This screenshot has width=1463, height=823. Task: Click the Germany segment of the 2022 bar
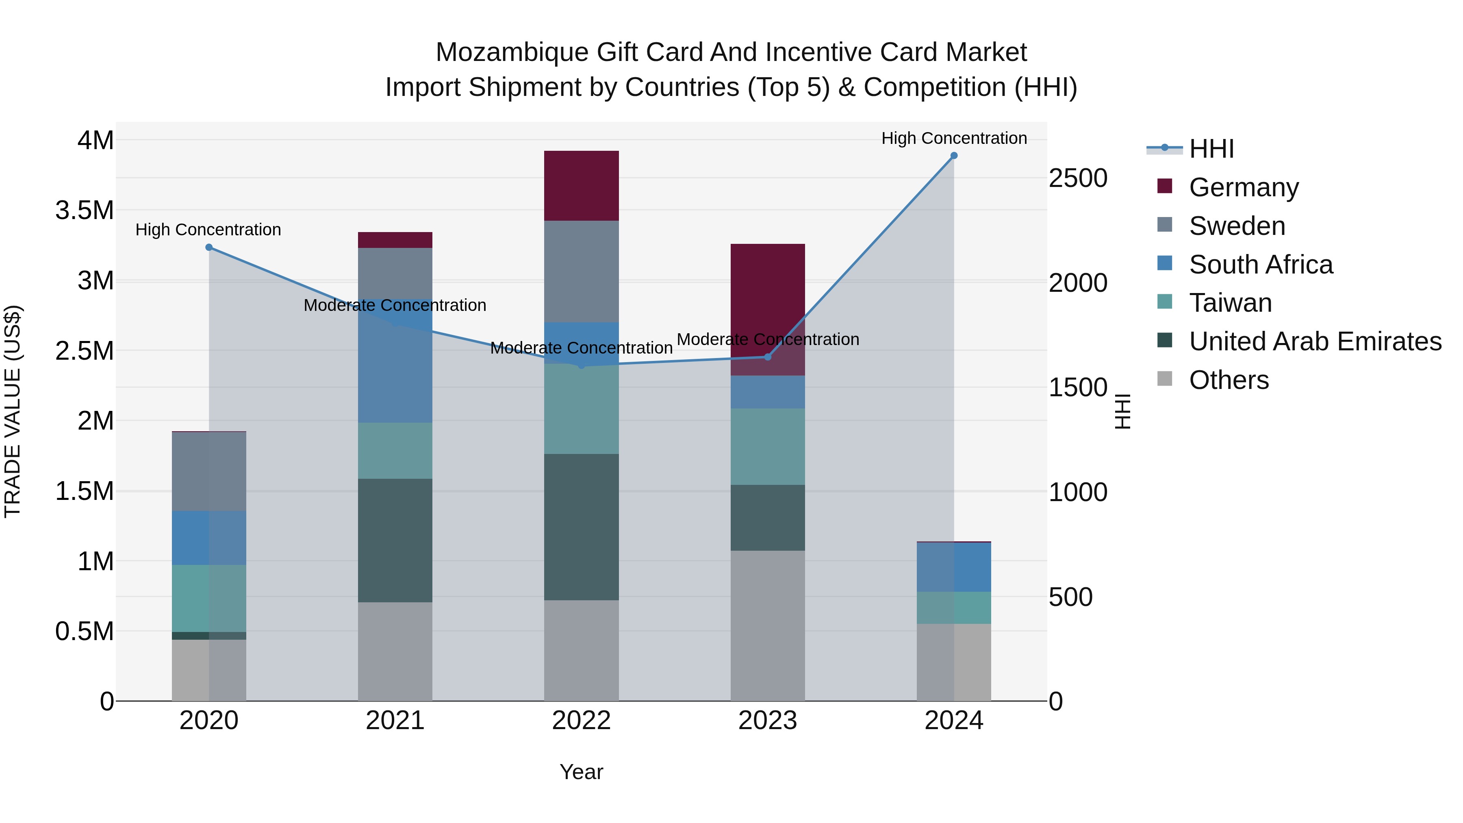[x=581, y=186]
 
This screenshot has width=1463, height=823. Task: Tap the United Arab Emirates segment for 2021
[x=395, y=540]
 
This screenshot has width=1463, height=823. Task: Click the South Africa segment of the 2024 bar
[x=953, y=567]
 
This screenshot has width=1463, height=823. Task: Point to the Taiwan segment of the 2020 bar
[x=208, y=598]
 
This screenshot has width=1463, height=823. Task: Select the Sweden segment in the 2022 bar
[x=581, y=271]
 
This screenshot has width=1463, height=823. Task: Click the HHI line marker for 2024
[x=953, y=156]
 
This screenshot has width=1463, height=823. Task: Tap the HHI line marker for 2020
[x=208, y=247]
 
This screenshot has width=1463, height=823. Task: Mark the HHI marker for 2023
[x=767, y=357]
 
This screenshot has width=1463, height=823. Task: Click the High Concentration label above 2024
[x=953, y=138]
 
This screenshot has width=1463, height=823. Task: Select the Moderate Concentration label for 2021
[x=395, y=305]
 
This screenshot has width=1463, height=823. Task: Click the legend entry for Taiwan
[x=1230, y=303]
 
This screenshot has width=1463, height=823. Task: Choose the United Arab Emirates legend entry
[x=1315, y=341]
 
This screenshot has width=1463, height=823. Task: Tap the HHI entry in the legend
[x=1211, y=149]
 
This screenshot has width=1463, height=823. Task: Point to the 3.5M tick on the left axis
[x=85, y=210]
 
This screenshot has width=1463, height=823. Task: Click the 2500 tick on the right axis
[x=1077, y=178]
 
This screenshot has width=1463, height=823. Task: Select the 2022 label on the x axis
[x=581, y=721]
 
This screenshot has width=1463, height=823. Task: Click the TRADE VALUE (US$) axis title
[x=13, y=411]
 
